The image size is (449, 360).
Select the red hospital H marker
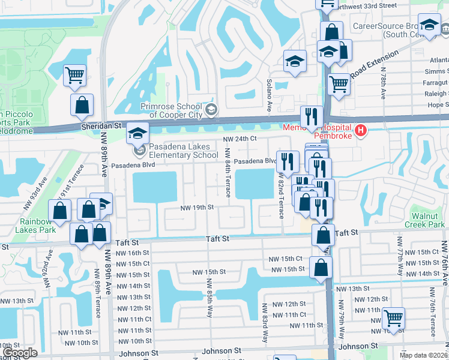pyautogui.click(x=360, y=130)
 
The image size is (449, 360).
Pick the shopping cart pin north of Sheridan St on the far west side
pyautogui.click(x=75, y=75)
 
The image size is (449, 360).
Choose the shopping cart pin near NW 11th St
pyautogui.click(x=393, y=317)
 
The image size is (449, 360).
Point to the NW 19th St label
pyautogui.click(x=197, y=208)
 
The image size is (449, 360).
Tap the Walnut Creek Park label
pyautogui.click(x=428, y=220)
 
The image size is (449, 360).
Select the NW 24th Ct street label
pyautogui.click(x=240, y=139)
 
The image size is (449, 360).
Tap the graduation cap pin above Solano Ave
pyautogui.click(x=295, y=61)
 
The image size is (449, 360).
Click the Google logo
pyautogui.click(x=20, y=353)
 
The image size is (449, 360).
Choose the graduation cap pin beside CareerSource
pyautogui.click(x=429, y=25)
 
